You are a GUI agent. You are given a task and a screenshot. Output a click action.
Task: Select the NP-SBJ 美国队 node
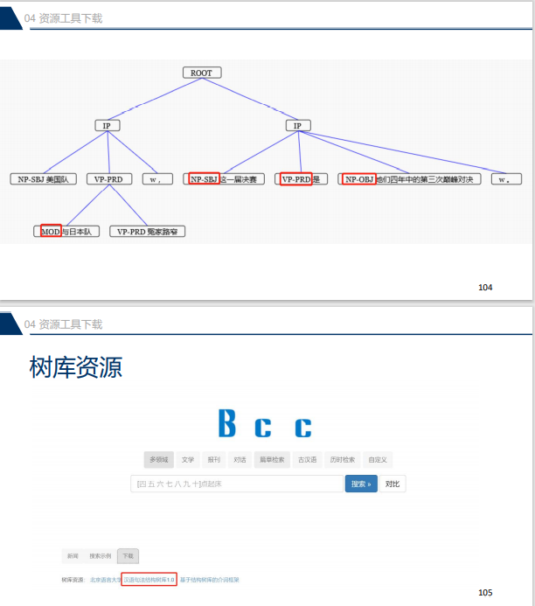[x=44, y=178]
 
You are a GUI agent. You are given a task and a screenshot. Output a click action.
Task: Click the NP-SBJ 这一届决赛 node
[x=224, y=179]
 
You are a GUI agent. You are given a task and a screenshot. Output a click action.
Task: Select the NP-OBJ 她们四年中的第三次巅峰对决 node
[x=409, y=179]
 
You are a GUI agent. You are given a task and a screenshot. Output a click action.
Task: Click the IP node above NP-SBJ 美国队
[x=107, y=126]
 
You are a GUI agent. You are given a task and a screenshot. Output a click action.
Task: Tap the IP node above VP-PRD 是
[x=297, y=126]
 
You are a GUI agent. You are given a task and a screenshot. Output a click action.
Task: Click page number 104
[x=486, y=286]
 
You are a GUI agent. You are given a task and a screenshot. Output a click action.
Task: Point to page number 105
[x=486, y=592]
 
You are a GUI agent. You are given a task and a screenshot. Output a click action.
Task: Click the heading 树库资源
[x=75, y=367]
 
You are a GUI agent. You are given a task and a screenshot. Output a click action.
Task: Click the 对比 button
[x=392, y=484]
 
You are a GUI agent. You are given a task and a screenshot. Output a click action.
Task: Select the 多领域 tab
[x=158, y=459]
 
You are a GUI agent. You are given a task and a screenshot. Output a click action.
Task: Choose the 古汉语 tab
[x=306, y=459]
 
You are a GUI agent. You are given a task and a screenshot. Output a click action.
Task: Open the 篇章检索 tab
[x=271, y=459]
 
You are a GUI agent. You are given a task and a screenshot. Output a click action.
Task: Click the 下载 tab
[x=128, y=556]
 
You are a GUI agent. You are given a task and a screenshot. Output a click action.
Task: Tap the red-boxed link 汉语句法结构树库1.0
[x=149, y=579]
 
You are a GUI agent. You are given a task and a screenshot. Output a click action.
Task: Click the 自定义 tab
[x=377, y=459]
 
